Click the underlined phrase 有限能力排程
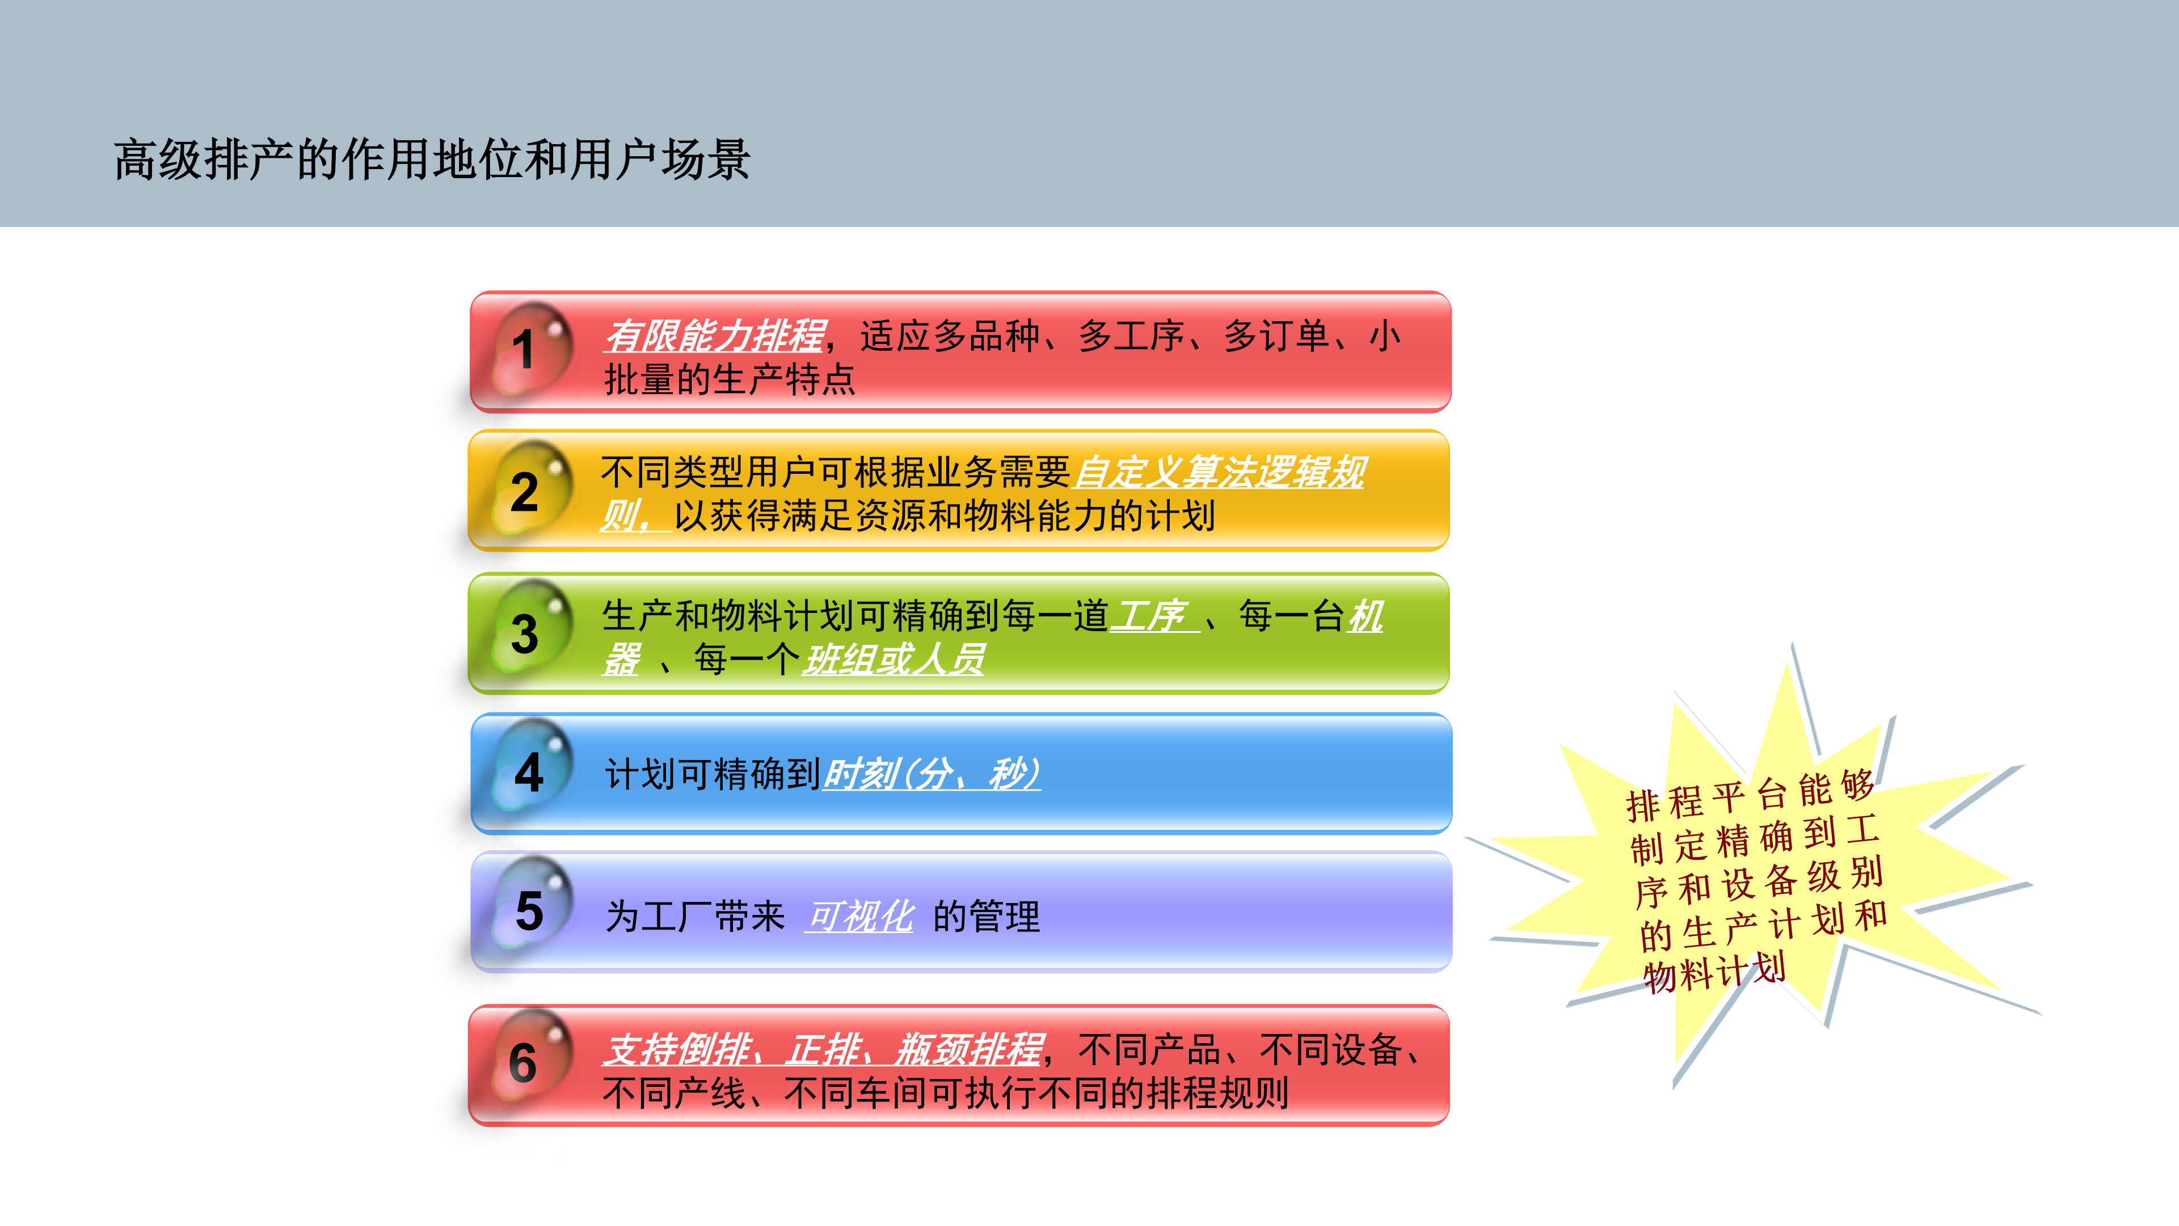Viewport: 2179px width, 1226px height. tap(715, 336)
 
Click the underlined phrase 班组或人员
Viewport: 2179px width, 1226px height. tap(894, 659)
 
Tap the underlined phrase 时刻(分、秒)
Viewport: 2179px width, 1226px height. tap(932, 773)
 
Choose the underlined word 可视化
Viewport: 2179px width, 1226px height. tap(860, 916)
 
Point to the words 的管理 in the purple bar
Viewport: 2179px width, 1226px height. tap(987, 916)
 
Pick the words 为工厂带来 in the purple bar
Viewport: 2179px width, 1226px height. tap(696, 916)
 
